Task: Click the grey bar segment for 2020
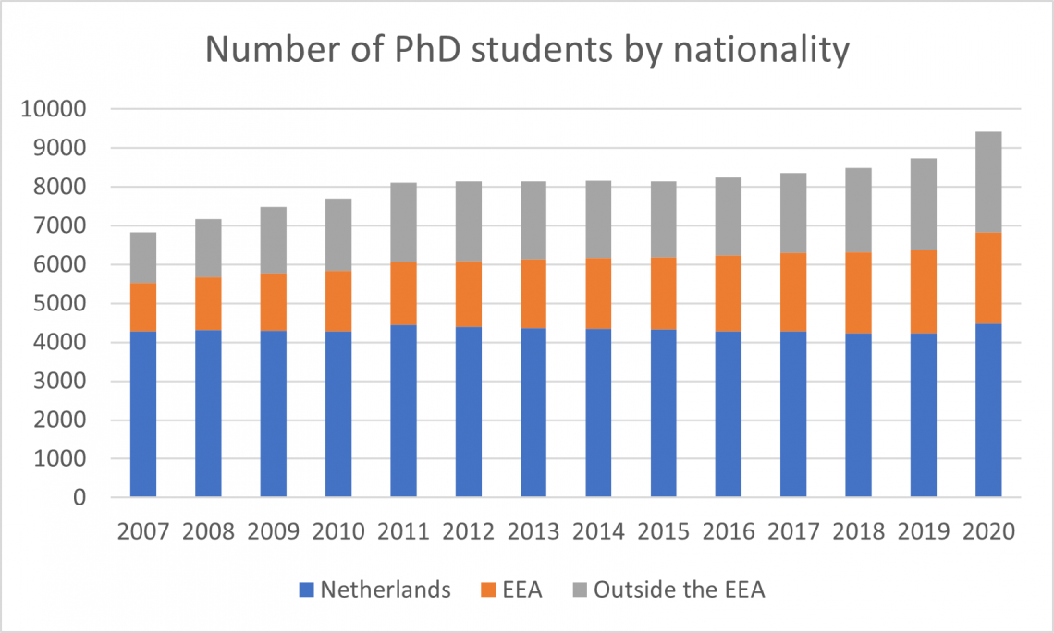[x=988, y=182]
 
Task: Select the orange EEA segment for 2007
[x=143, y=307]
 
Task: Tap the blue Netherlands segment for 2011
[x=403, y=411]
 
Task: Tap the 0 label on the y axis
[x=80, y=498]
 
